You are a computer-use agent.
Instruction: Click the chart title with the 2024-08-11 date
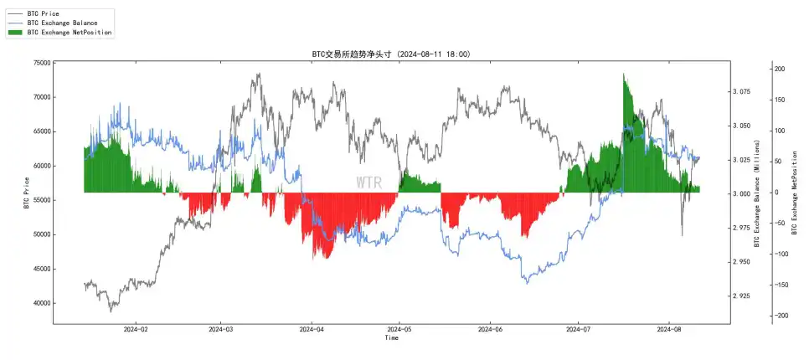coord(390,54)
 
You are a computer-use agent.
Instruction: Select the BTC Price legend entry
coord(44,14)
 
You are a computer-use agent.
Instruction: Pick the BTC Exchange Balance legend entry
coord(61,23)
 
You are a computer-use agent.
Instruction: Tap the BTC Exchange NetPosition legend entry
coord(69,32)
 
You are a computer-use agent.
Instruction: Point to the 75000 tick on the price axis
coord(39,63)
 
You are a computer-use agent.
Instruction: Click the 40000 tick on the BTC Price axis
coord(39,303)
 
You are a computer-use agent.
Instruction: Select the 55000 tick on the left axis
coord(39,200)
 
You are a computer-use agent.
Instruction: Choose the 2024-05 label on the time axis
coord(399,331)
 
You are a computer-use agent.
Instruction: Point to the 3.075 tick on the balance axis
coord(748,91)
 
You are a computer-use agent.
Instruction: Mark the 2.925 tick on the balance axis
coord(748,296)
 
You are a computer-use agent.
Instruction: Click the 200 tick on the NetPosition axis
coord(779,69)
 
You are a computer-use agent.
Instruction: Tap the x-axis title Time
coord(391,339)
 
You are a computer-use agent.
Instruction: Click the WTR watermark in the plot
coord(368,183)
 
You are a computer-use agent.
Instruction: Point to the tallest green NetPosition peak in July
coord(624,75)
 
